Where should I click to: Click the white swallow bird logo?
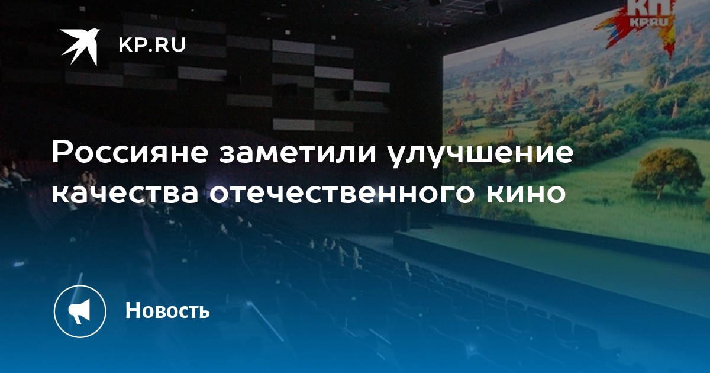80,46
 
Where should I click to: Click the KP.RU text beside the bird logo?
152,45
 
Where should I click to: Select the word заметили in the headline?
298,153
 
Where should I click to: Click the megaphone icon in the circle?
79,311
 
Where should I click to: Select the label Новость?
167,310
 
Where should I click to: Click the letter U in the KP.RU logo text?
179,45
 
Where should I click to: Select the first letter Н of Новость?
133,310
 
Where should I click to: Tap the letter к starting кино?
496,194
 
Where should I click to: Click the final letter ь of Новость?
204,312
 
